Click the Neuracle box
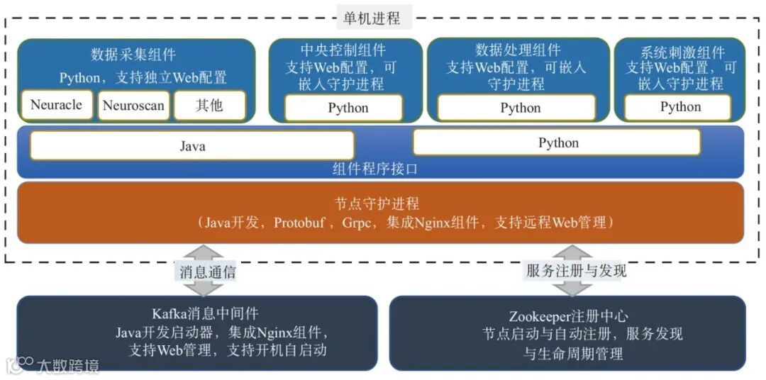pos(56,106)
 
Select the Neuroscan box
pos(133,106)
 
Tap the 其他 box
pos(209,106)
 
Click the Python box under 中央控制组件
pos(348,108)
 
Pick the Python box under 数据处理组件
pos(520,108)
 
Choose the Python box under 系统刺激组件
pos(680,107)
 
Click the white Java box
pos(192,146)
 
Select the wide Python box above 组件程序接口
pos(557,142)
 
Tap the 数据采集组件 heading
pos(133,55)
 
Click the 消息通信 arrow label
pos(206,271)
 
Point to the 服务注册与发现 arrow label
pos(576,271)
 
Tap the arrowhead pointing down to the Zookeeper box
pos(572,289)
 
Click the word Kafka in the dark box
pos(168,313)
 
